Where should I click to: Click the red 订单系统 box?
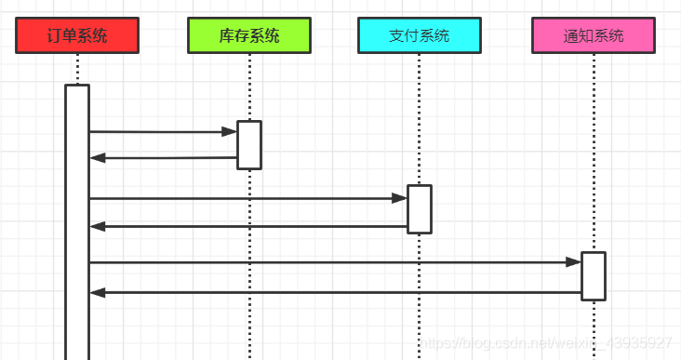(x=77, y=36)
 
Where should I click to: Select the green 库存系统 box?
(x=248, y=36)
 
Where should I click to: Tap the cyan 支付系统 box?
(x=419, y=36)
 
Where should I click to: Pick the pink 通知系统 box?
(x=594, y=36)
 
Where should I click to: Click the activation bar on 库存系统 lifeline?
(x=249, y=145)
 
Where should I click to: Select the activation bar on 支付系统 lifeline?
(x=420, y=209)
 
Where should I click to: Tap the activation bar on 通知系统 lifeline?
(x=594, y=276)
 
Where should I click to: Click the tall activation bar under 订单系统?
(x=77, y=223)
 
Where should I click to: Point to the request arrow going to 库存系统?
(x=158, y=132)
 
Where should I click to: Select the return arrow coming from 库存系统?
(x=163, y=158)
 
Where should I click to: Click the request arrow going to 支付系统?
(x=242, y=198)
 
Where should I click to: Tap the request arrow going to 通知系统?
(x=326, y=262)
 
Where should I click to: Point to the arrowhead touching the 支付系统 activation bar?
(x=400, y=198)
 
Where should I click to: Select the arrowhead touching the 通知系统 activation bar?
(x=574, y=262)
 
